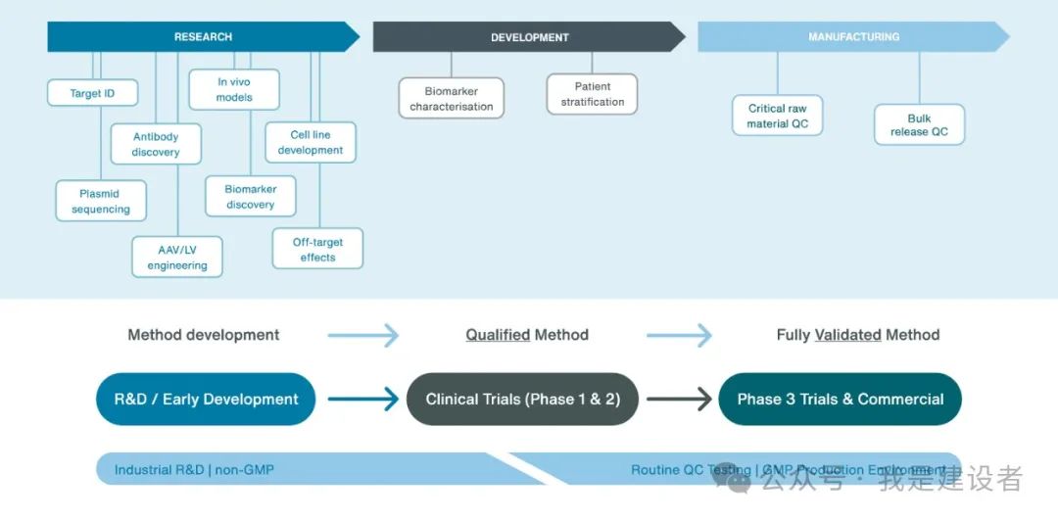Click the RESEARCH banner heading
(x=203, y=37)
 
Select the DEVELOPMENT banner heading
(x=529, y=38)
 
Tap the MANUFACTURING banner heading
(x=853, y=37)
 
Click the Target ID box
(x=92, y=93)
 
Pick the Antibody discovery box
(x=156, y=144)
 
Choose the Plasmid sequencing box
(x=100, y=201)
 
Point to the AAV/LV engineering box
(x=177, y=258)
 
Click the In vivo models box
(x=234, y=89)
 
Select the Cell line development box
(x=311, y=142)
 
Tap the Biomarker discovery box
(x=251, y=196)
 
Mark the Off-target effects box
(x=317, y=249)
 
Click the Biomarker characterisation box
(x=452, y=98)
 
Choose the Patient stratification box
(x=593, y=94)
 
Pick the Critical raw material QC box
(x=778, y=116)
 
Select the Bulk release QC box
(x=919, y=124)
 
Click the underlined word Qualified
(x=497, y=335)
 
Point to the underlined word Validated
(x=848, y=335)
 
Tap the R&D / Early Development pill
(x=206, y=400)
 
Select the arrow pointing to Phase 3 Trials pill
(x=678, y=400)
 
